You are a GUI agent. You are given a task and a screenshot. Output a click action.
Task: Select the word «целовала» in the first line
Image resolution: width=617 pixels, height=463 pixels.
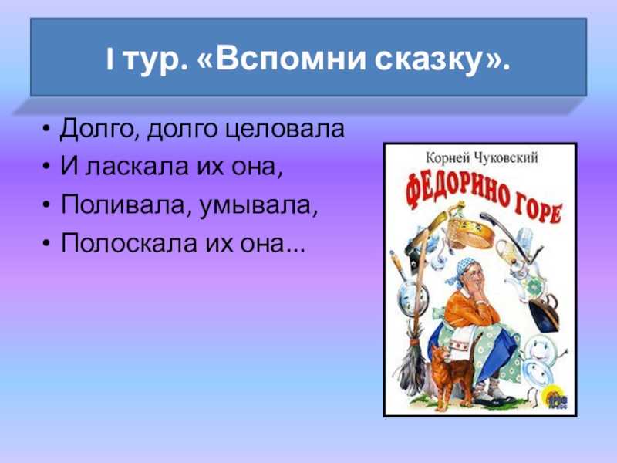(285, 129)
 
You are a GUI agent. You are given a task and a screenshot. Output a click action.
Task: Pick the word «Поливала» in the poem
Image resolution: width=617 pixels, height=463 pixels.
(125, 204)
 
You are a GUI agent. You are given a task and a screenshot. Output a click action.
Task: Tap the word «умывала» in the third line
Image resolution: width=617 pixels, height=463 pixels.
(256, 205)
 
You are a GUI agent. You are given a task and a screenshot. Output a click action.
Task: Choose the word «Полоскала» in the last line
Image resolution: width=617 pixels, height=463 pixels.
(129, 243)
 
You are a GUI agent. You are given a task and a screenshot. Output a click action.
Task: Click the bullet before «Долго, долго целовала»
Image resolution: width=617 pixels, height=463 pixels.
(46, 130)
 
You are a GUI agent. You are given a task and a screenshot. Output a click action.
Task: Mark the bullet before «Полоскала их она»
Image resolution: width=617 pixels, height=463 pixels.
(46, 244)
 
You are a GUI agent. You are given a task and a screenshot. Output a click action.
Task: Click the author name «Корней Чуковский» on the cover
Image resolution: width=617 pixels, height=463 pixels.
(481, 158)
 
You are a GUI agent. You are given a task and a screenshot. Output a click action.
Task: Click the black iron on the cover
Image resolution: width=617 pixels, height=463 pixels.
(545, 313)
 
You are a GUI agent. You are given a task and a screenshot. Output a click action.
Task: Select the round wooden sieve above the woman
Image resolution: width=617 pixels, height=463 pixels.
(471, 231)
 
